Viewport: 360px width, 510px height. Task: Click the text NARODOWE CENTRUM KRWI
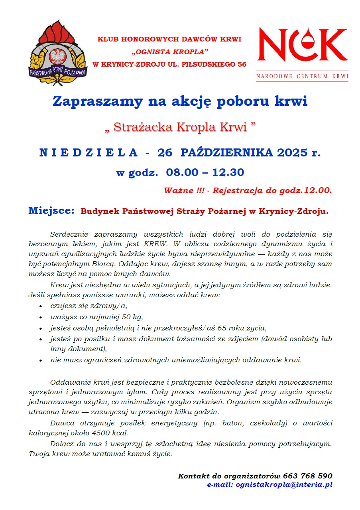point(302,76)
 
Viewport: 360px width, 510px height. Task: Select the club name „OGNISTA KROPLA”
point(169,52)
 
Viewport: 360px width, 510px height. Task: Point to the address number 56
point(242,64)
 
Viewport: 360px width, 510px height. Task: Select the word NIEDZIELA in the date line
point(89,153)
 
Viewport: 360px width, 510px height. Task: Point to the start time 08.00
point(183,173)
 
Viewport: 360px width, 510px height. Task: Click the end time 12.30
point(228,173)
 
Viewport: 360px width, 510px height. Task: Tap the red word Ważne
point(178,191)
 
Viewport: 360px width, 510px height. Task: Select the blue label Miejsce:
point(51,211)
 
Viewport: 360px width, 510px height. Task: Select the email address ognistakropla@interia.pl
point(284,485)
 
